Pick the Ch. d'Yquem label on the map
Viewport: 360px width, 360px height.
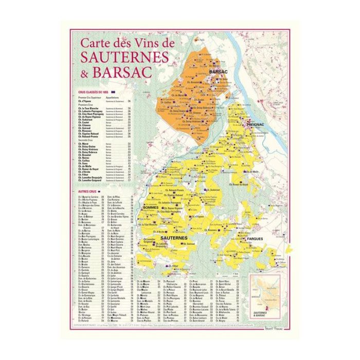pyautogui.click(x=197, y=217)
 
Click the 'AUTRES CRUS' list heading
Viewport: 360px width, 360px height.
pyautogui.click(x=85, y=192)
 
